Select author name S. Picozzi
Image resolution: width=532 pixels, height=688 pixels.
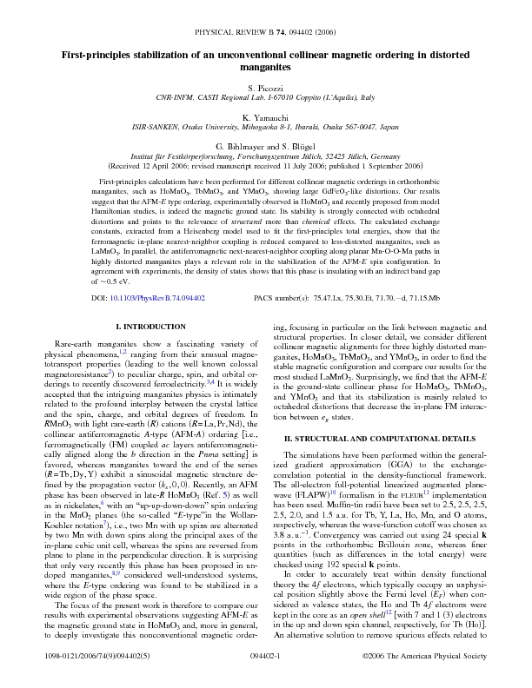point(265,89)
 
